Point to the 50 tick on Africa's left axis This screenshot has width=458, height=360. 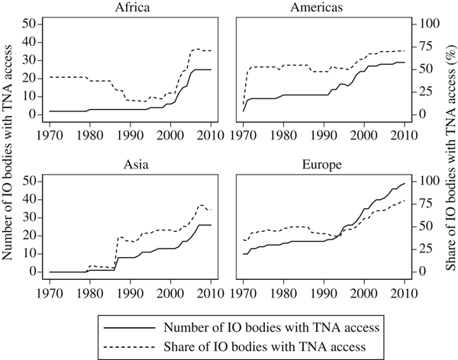30,24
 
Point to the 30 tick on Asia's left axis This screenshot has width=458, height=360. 30,217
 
